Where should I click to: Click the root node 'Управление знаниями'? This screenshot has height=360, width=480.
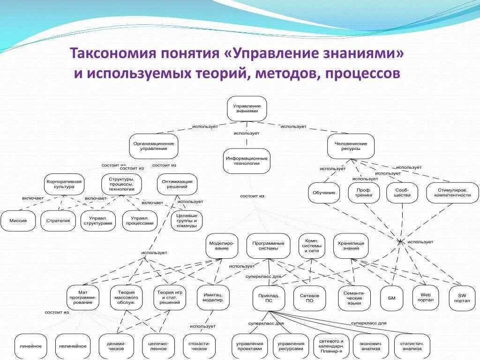coord(247,108)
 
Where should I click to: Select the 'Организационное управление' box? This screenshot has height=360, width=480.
coord(153,146)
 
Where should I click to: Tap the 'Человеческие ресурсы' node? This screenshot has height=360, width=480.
coord(351,146)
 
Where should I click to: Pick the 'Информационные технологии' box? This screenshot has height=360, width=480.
coord(247,161)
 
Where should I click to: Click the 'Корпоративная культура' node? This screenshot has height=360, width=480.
coord(64,184)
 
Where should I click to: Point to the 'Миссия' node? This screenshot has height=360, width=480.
coord(18,221)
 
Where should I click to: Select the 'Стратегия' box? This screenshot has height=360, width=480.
coord(58,221)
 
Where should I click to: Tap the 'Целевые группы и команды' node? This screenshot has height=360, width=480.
coord(187,220)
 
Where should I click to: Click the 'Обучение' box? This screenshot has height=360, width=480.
coord(324,193)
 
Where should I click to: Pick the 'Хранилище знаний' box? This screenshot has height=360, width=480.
coord(351,246)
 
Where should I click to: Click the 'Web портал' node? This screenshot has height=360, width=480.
coord(426,297)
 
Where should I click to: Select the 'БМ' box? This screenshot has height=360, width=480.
coord(392,298)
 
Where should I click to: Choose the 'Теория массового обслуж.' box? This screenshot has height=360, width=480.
coord(126,297)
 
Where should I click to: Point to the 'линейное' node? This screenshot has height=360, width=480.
coord(31,346)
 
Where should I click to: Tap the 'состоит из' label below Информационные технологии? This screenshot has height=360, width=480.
coord(253,196)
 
